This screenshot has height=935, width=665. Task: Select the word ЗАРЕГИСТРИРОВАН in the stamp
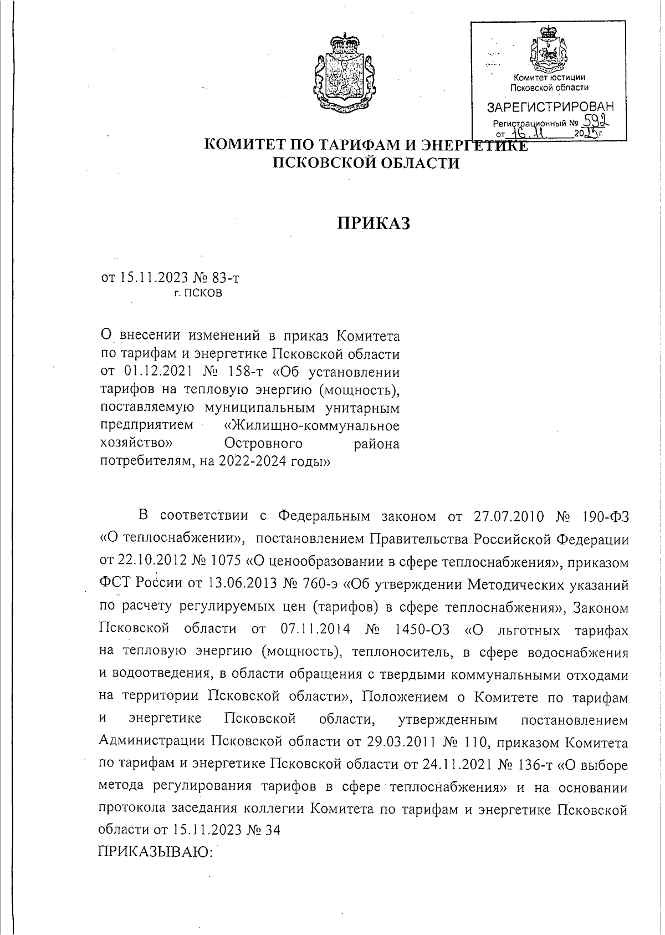point(550,106)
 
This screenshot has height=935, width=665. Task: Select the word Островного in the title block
point(264,443)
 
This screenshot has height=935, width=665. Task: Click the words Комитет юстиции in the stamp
point(550,78)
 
